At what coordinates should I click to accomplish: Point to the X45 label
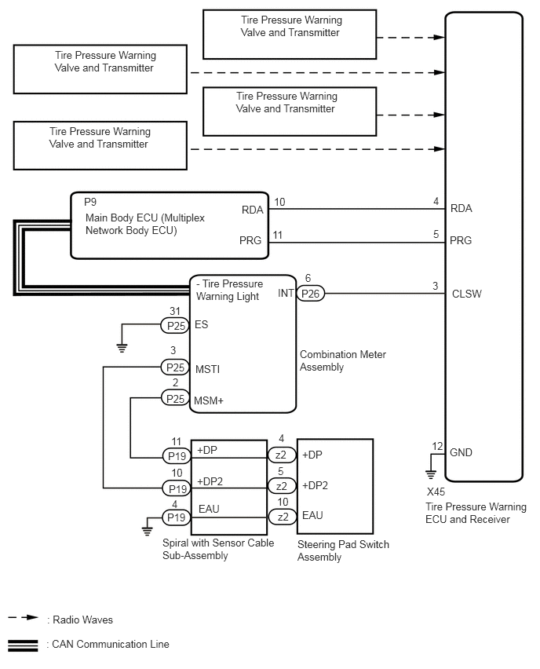436,492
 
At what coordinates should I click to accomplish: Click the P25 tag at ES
173,324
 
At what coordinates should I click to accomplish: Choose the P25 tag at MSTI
173,367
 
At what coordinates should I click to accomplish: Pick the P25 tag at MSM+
173,399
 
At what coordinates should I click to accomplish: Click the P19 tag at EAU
173,517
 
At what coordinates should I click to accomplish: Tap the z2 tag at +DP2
280,485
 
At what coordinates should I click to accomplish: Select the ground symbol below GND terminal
430,473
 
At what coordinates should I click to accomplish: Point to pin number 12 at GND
437,446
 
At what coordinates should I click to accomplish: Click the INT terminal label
285,294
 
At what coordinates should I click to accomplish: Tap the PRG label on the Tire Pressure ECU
462,240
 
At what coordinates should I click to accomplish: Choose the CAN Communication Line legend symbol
23,645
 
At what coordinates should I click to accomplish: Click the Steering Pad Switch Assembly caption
343,550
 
